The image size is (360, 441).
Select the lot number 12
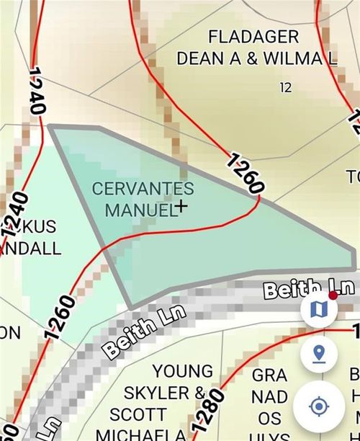pos(286,88)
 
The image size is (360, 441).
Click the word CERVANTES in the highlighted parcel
pos(143,189)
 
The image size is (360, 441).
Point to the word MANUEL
pos(140,210)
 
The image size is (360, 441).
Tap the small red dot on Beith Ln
pos(333,295)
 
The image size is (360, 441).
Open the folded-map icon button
pos(319,309)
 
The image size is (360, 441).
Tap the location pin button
pos(319,355)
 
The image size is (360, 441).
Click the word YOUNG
pos(183,371)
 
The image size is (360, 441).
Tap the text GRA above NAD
pos(269,375)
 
